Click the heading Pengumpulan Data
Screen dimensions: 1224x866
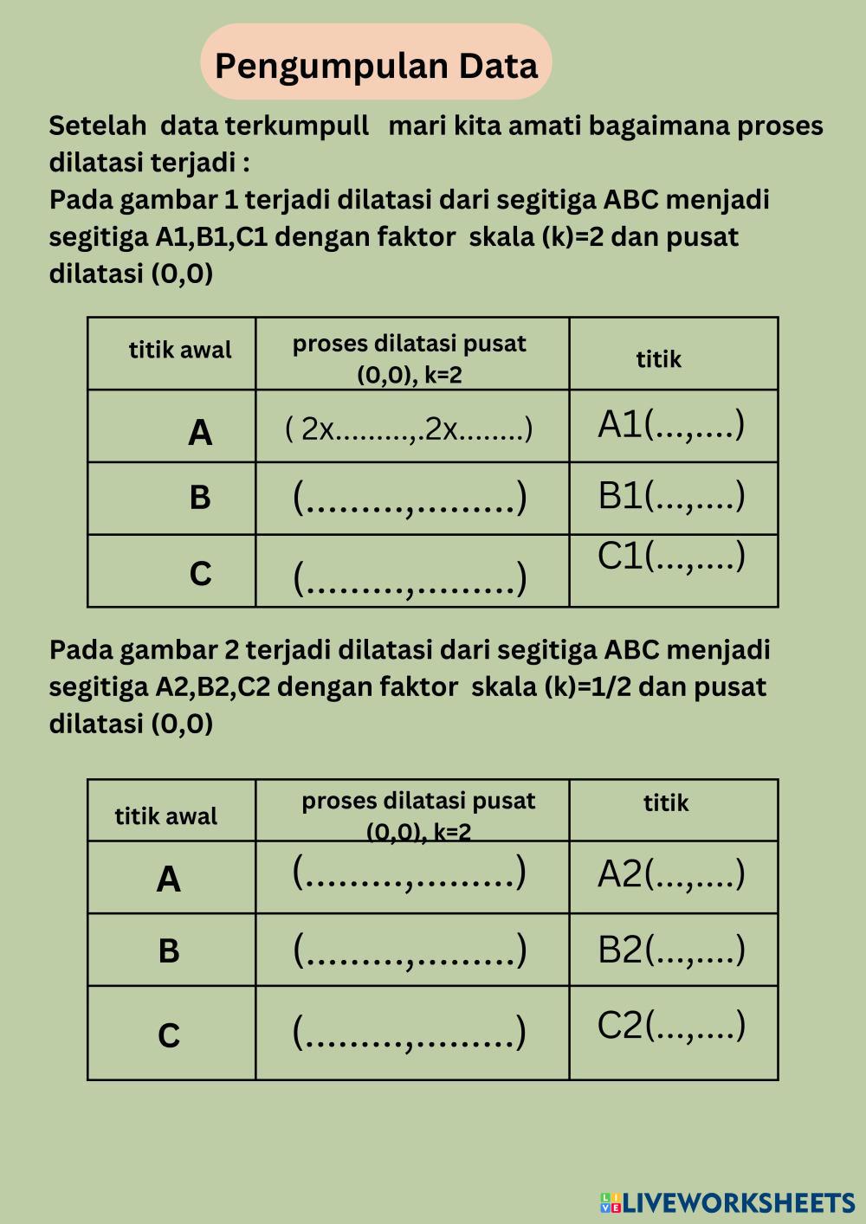point(376,65)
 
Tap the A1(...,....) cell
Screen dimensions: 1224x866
point(671,425)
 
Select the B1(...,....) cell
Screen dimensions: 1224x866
point(671,496)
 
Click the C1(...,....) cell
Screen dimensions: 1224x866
point(671,557)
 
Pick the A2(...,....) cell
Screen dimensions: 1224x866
point(671,874)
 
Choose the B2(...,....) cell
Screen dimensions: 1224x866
point(671,950)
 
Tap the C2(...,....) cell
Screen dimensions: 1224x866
point(671,1026)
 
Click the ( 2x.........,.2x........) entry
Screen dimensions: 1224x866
point(409,428)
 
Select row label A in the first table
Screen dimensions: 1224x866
point(200,432)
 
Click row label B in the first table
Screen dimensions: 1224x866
point(200,498)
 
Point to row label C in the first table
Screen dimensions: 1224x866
point(200,574)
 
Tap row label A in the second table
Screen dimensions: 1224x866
point(169,879)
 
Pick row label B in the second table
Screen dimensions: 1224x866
point(169,950)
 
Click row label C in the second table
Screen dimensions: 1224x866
point(169,1035)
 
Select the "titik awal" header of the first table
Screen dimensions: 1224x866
point(180,351)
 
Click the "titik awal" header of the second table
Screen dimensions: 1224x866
point(166,816)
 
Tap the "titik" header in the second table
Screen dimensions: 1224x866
point(666,803)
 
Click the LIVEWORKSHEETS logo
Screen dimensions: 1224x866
point(727,1202)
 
